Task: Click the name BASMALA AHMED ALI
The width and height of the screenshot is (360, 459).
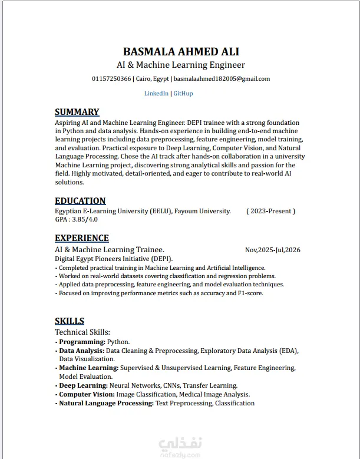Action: pos(181,51)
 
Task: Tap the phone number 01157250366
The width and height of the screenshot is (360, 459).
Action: pos(111,78)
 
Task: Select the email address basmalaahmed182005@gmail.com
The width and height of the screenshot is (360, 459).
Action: pos(222,78)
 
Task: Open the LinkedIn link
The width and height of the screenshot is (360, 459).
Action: pos(156,93)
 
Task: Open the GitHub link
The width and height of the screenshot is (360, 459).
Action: pos(183,93)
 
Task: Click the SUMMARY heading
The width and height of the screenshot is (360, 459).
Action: pos(77,112)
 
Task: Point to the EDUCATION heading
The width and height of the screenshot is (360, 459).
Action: pos(80,200)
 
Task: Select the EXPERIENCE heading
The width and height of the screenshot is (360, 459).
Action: pos(82,238)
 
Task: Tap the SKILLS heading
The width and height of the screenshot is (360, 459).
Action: pos(70,321)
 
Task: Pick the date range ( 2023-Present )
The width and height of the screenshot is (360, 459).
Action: pos(270,211)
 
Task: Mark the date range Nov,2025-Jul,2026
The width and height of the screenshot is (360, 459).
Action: pos(272,250)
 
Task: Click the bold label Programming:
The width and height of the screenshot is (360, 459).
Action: pos(82,342)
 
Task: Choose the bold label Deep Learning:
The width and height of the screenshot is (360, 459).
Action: pos(83,385)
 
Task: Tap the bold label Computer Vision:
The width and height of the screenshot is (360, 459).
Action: pos(87,394)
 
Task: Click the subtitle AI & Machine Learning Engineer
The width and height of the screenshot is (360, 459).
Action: pos(181,65)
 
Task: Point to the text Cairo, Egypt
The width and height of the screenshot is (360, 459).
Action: pos(153,78)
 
